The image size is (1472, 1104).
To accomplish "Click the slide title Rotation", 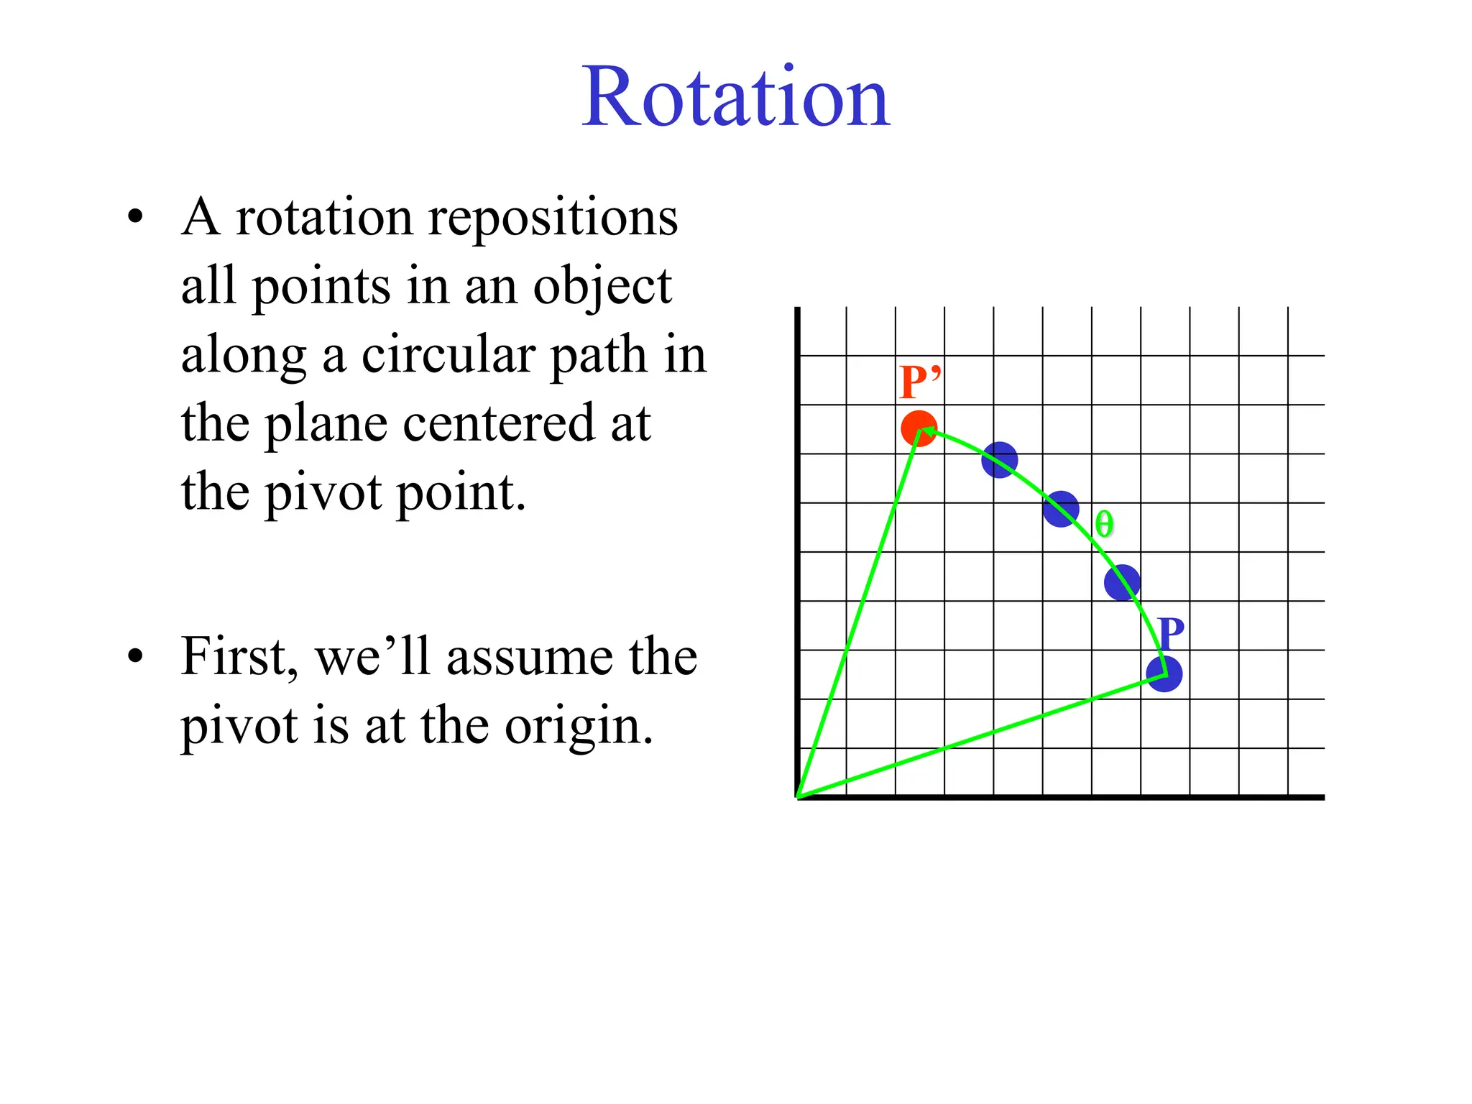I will point(735,98).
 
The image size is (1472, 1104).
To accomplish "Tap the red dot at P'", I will point(918,429).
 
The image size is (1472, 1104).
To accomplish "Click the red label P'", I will point(919,382).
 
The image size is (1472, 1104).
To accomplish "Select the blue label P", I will point(1171,634).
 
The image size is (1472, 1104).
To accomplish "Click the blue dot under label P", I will point(1164,674).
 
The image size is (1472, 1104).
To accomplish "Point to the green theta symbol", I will point(1104,524).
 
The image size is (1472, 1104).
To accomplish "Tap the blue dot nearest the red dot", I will point(1000,460).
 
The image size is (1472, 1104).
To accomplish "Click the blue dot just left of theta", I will point(1061,509).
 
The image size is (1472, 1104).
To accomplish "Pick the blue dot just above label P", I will point(1122,582).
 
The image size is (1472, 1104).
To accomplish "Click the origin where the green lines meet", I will point(799,796).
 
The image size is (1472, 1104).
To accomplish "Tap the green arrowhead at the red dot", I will point(928,431).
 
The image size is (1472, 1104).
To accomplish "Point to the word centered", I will point(497,423).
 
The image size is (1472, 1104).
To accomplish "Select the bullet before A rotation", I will point(135,217).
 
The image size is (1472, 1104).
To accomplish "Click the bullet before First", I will point(135,657).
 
